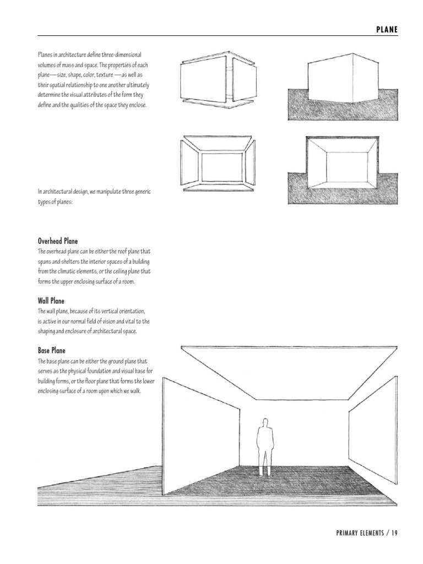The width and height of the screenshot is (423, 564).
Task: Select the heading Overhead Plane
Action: tap(58, 241)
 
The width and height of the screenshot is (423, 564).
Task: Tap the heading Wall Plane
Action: tap(51, 301)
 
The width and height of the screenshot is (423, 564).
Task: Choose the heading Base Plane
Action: tap(51, 350)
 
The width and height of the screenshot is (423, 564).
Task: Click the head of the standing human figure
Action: tap(265, 424)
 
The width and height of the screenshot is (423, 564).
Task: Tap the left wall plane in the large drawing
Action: tap(201, 435)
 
